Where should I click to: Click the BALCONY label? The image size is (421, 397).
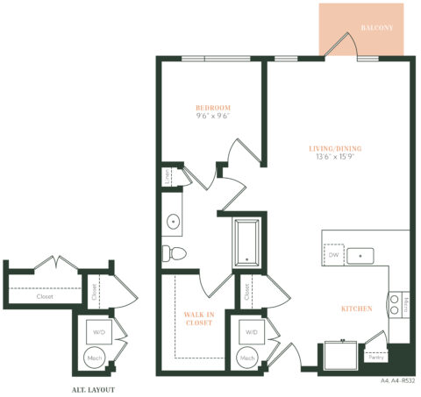376,28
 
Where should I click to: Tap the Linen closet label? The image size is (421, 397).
168,177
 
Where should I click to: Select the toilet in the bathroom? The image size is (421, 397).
172,253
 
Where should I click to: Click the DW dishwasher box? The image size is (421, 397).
333,255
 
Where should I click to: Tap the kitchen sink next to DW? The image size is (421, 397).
360,256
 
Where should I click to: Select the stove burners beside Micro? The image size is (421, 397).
394,303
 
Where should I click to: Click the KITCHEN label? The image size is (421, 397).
357,308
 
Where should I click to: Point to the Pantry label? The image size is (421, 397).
375,357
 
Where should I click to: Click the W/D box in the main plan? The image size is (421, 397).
251,332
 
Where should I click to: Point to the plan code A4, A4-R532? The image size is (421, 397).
397,381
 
